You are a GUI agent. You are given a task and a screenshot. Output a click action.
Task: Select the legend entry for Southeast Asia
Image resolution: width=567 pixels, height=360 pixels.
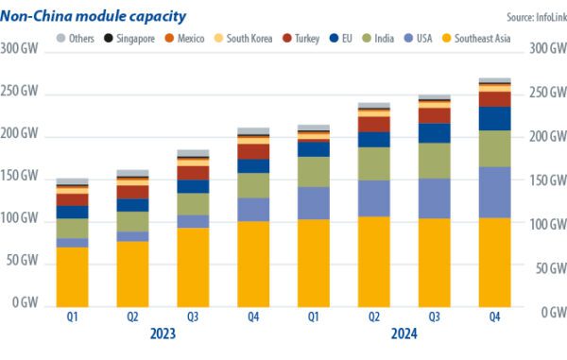[x=479, y=38]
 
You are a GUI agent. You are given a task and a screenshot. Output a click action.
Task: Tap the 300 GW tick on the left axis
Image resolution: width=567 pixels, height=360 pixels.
[x=20, y=49]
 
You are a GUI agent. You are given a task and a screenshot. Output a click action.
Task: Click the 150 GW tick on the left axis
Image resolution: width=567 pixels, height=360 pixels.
[x=20, y=177]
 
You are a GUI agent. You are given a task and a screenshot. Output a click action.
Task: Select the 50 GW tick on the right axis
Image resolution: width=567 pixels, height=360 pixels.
[x=546, y=268]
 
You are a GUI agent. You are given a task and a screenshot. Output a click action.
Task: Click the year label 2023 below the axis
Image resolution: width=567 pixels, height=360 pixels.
[x=163, y=334]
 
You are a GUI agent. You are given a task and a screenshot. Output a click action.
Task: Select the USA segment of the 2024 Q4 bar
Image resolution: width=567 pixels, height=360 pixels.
[x=495, y=193]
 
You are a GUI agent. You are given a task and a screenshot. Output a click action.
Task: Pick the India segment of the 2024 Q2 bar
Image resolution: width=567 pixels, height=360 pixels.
[x=374, y=163]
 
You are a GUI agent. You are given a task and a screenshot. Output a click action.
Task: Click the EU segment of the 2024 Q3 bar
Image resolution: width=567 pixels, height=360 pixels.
[x=435, y=133]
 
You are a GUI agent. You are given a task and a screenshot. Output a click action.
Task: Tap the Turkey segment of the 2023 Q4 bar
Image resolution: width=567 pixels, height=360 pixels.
[x=253, y=151]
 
